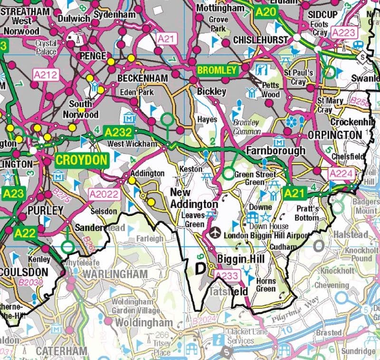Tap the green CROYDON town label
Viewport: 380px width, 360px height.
coord(81,159)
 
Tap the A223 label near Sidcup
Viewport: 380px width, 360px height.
coord(343,32)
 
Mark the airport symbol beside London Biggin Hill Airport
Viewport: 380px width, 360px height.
coord(215,234)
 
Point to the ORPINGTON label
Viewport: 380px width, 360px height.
coord(334,135)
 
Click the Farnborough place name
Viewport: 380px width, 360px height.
coord(275,151)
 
